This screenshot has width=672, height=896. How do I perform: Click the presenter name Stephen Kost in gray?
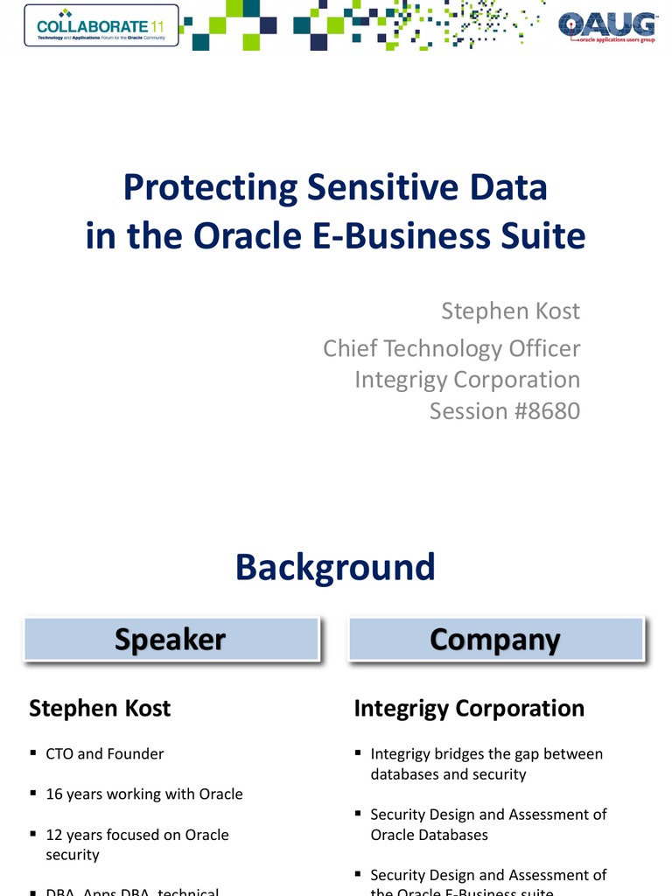(510, 311)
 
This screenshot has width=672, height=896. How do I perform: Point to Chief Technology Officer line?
(451, 348)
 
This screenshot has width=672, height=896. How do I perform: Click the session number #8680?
(543, 410)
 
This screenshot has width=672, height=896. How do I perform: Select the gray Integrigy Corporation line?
(467, 380)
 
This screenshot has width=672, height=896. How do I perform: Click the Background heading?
(335, 567)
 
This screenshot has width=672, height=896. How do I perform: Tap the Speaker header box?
(171, 640)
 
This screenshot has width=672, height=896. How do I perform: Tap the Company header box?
(495, 640)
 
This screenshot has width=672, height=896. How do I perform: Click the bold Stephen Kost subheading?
(100, 708)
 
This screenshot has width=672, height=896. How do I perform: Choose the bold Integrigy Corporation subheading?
(469, 708)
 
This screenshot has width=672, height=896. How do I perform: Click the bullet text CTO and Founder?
(105, 753)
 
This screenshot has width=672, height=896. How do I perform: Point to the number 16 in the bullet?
(53, 794)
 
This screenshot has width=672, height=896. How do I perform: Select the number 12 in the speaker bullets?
(53, 835)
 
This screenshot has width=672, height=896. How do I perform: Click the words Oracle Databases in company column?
(429, 835)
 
